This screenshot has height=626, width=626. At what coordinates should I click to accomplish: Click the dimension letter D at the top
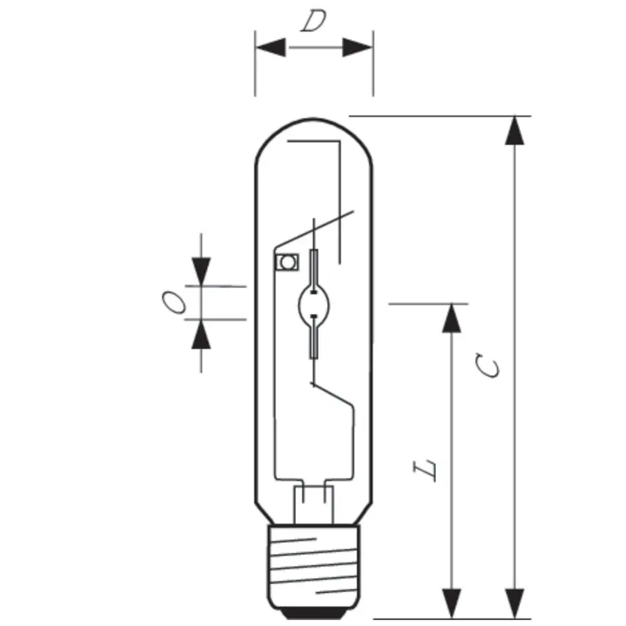[314, 23]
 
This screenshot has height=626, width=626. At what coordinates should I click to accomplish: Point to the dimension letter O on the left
[174, 303]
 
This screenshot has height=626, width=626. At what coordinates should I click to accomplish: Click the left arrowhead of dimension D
[271, 48]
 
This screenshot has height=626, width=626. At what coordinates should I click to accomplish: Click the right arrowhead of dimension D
[357, 48]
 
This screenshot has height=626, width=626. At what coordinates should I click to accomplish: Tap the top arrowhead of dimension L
[452, 317]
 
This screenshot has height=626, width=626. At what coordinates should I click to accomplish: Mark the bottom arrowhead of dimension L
[452, 603]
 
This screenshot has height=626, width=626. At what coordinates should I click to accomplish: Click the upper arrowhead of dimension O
[200, 270]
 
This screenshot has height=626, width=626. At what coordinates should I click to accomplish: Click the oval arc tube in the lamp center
[314, 303]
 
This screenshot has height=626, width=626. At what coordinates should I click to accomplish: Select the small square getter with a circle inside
[284, 261]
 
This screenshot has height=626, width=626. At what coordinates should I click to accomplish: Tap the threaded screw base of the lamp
[314, 563]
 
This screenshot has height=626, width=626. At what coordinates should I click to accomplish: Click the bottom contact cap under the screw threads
[314, 611]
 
